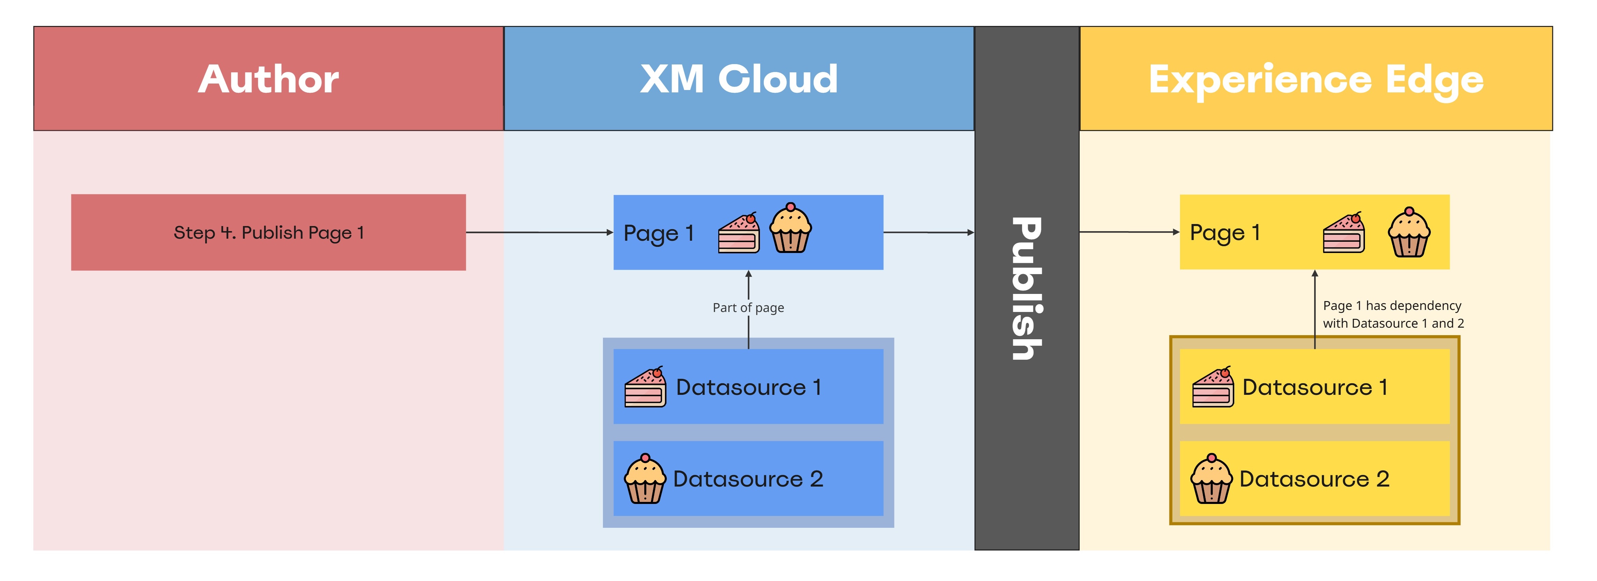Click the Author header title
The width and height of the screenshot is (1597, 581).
[x=269, y=79]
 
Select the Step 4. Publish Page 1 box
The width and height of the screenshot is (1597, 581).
[x=269, y=232]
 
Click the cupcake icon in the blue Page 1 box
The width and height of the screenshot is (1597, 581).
[x=790, y=228]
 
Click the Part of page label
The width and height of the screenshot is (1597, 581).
[x=748, y=308]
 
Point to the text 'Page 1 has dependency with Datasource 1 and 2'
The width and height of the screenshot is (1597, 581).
[x=1393, y=314]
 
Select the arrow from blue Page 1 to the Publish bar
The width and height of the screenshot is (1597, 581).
[x=928, y=232]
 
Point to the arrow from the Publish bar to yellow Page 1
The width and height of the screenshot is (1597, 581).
[x=1129, y=232]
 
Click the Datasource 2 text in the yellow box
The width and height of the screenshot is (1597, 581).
[x=1314, y=479]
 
